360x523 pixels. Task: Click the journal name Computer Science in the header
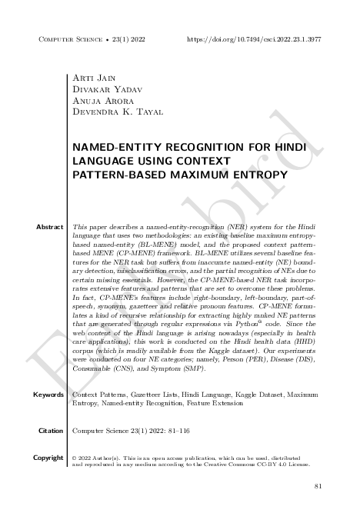point(66,38)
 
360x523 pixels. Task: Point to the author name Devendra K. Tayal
point(113,113)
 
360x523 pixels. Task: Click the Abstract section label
point(49,228)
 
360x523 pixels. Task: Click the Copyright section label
point(47,458)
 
